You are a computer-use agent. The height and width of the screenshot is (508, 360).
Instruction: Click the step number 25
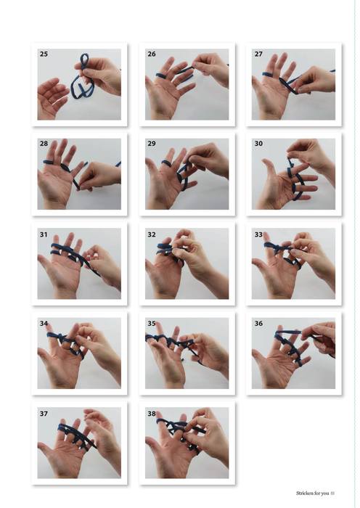click(44, 54)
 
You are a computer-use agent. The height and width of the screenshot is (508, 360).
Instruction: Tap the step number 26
click(152, 54)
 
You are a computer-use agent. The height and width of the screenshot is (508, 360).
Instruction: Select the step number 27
click(258, 54)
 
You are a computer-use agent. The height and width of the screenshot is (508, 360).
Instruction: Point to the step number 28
click(44, 144)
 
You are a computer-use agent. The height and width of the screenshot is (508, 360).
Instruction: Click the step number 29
click(152, 144)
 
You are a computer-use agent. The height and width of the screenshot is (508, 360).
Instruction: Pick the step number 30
click(258, 144)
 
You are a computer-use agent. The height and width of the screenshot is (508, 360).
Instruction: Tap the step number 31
click(44, 234)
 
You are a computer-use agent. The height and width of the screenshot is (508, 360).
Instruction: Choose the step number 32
click(152, 234)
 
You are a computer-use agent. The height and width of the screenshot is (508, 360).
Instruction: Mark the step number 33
click(258, 234)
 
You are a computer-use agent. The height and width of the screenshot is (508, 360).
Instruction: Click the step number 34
click(44, 324)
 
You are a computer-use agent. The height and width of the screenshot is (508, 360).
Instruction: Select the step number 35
click(152, 324)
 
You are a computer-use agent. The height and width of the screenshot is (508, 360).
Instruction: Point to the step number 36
click(258, 324)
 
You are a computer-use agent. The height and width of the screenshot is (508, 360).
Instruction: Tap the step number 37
click(44, 414)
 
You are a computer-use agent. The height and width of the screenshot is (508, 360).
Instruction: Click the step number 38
click(152, 414)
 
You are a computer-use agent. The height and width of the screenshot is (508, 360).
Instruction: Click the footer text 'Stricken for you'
click(312, 493)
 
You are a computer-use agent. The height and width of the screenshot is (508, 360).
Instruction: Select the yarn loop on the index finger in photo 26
click(161, 75)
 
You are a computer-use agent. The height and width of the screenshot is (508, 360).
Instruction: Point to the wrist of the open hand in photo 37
click(67, 472)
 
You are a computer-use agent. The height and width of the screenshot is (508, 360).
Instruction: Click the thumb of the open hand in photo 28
click(46, 179)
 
